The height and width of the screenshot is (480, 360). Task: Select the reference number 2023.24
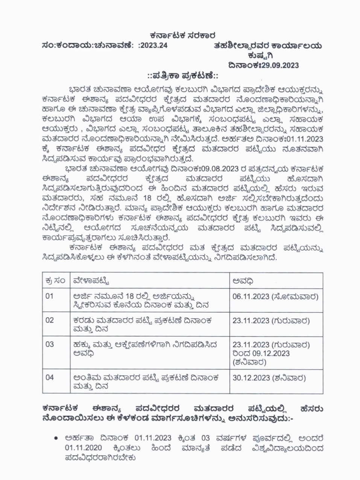pyautogui.click(x=155, y=46)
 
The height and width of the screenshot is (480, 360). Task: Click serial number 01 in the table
pyautogui.click(x=50, y=296)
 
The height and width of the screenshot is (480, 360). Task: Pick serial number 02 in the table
pyautogui.click(x=50, y=320)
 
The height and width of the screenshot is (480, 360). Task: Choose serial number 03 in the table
pyautogui.click(x=50, y=344)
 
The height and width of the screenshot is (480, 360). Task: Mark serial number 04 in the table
pyautogui.click(x=50, y=377)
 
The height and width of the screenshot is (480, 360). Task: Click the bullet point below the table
pyautogui.click(x=56, y=438)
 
